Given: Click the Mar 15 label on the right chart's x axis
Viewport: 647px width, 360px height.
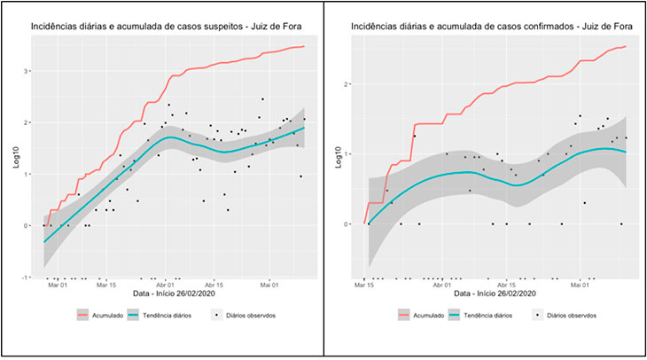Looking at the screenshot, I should point(364,286).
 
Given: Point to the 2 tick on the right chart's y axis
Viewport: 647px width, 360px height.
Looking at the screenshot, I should point(348,84).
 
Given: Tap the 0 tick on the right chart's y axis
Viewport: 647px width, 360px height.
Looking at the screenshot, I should point(348,224).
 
